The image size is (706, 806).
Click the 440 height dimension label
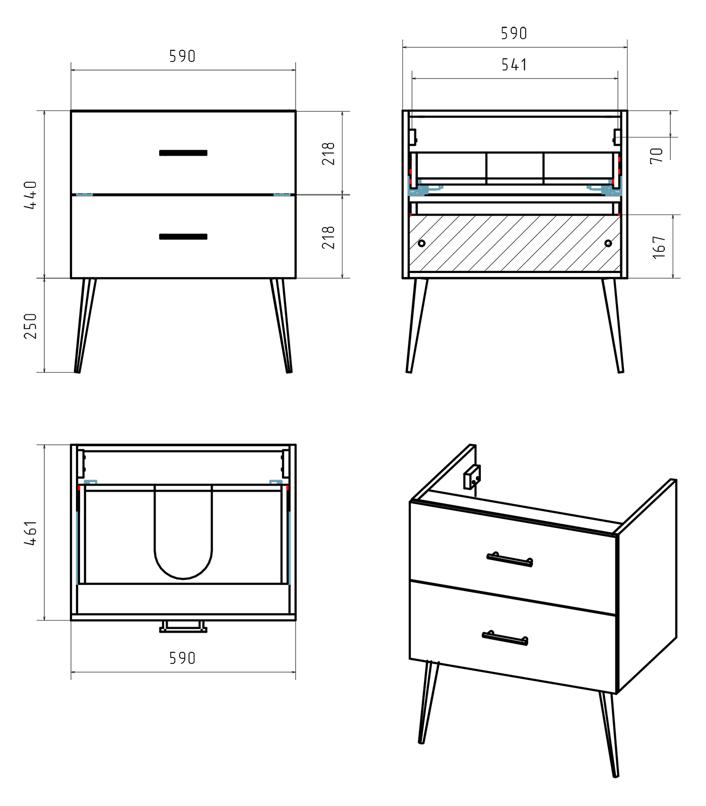pyautogui.click(x=31, y=195)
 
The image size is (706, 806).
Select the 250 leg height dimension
pyautogui.click(x=31, y=325)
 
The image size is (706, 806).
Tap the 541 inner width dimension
pyautogui.click(x=514, y=65)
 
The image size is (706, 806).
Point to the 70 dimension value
pyautogui.click(x=657, y=155)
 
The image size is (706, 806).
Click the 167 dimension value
pyautogui.click(x=659, y=247)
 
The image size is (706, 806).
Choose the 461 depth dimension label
pyautogui.click(x=31, y=533)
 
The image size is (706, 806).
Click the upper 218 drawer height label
pyautogui.click(x=328, y=154)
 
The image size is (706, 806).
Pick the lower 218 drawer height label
pyautogui.click(x=328, y=237)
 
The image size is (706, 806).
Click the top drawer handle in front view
pyautogui.click(x=183, y=153)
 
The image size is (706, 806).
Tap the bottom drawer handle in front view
pyautogui.click(x=183, y=237)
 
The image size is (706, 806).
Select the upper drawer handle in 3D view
pyautogui.click(x=510, y=559)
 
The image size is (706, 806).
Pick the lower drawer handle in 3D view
pyautogui.click(x=505, y=638)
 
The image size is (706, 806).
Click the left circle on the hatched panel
pyautogui.click(x=421, y=243)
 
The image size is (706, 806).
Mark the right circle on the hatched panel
pyautogui.click(x=608, y=243)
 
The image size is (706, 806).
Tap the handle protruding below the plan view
pyautogui.click(x=183, y=627)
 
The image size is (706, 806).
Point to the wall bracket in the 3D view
pyautogui.click(x=472, y=477)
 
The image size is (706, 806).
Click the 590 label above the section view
pyautogui.click(x=514, y=33)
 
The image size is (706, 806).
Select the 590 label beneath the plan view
pyautogui.click(x=182, y=658)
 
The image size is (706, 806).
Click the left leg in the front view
pyautogui.click(x=85, y=325)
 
